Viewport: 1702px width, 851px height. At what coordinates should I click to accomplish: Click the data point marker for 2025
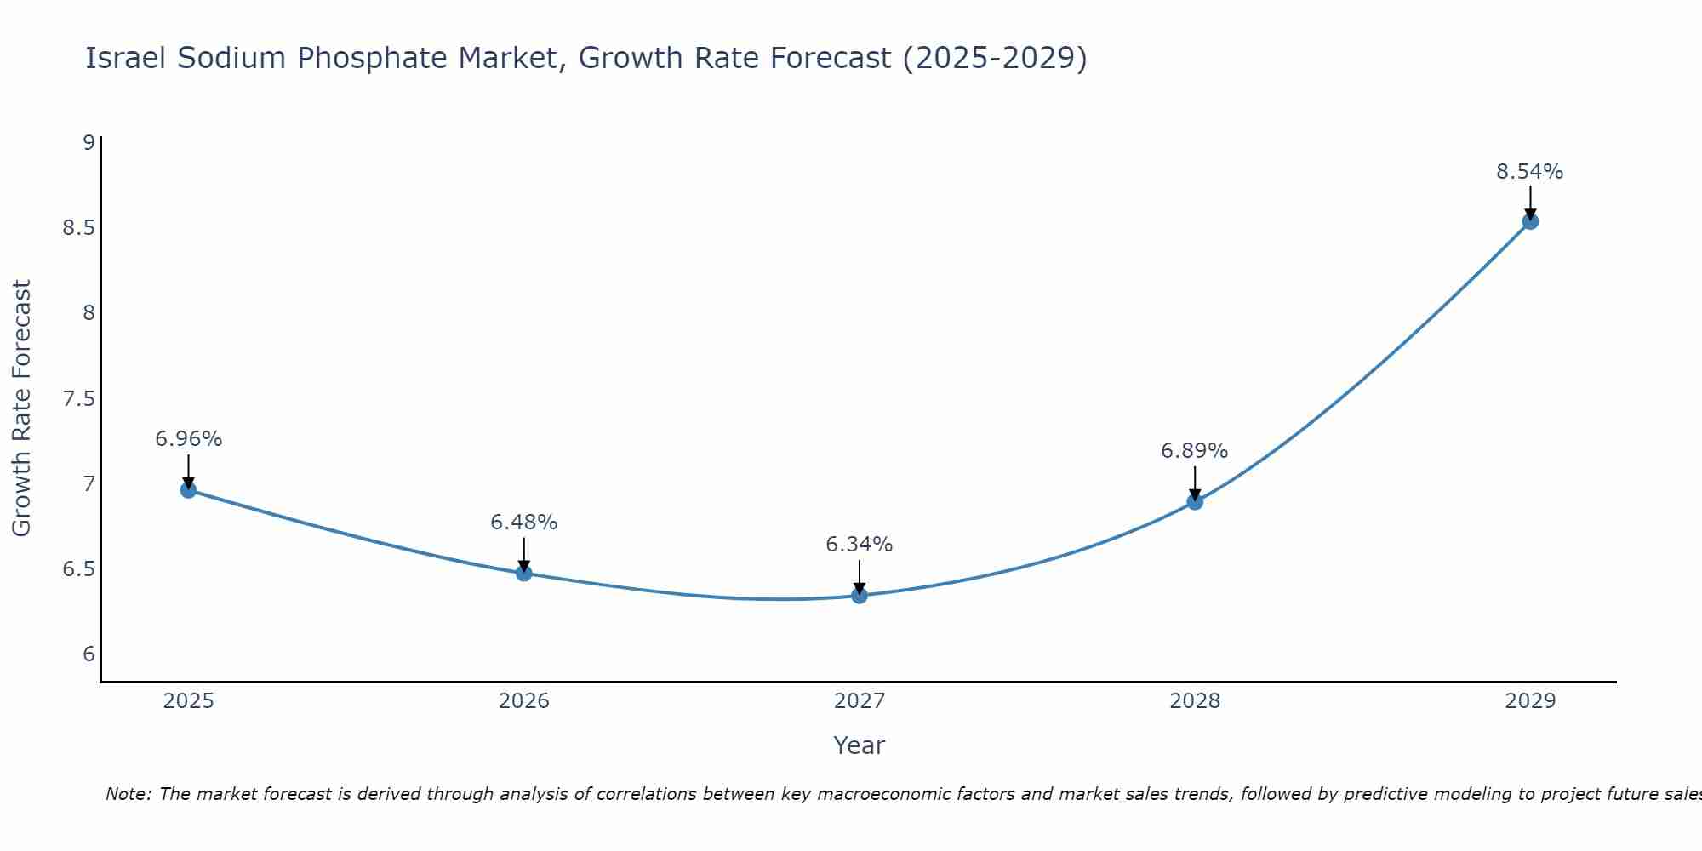(x=188, y=490)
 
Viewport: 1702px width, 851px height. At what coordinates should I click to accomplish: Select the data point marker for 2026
(x=523, y=573)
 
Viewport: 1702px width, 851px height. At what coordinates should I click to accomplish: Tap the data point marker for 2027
(x=860, y=596)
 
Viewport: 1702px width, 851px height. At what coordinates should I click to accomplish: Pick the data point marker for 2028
(x=1195, y=502)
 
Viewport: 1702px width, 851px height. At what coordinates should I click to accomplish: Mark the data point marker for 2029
(x=1530, y=221)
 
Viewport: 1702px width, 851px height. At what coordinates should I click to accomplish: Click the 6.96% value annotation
(x=188, y=439)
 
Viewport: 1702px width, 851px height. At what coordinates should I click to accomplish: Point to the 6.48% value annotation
(x=523, y=523)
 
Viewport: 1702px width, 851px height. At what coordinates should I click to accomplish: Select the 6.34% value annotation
(x=860, y=545)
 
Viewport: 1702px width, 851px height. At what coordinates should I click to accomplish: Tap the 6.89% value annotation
(x=1195, y=451)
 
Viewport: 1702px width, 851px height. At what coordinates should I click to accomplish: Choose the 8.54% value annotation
(x=1530, y=172)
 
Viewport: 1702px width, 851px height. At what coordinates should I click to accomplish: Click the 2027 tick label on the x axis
(x=860, y=701)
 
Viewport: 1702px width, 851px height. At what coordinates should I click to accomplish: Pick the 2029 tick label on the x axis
(x=1530, y=701)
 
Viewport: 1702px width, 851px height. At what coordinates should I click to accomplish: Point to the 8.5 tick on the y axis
(x=78, y=228)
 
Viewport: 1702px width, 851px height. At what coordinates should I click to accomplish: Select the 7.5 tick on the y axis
(x=78, y=399)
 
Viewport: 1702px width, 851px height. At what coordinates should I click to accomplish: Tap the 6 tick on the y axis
(x=89, y=654)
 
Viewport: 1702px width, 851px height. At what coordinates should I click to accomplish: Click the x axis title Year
(x=860, y=745)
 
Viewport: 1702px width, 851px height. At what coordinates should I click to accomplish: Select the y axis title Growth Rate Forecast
(x=21, y=408)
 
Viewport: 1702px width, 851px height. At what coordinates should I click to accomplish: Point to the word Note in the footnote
(x=128, y=794)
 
